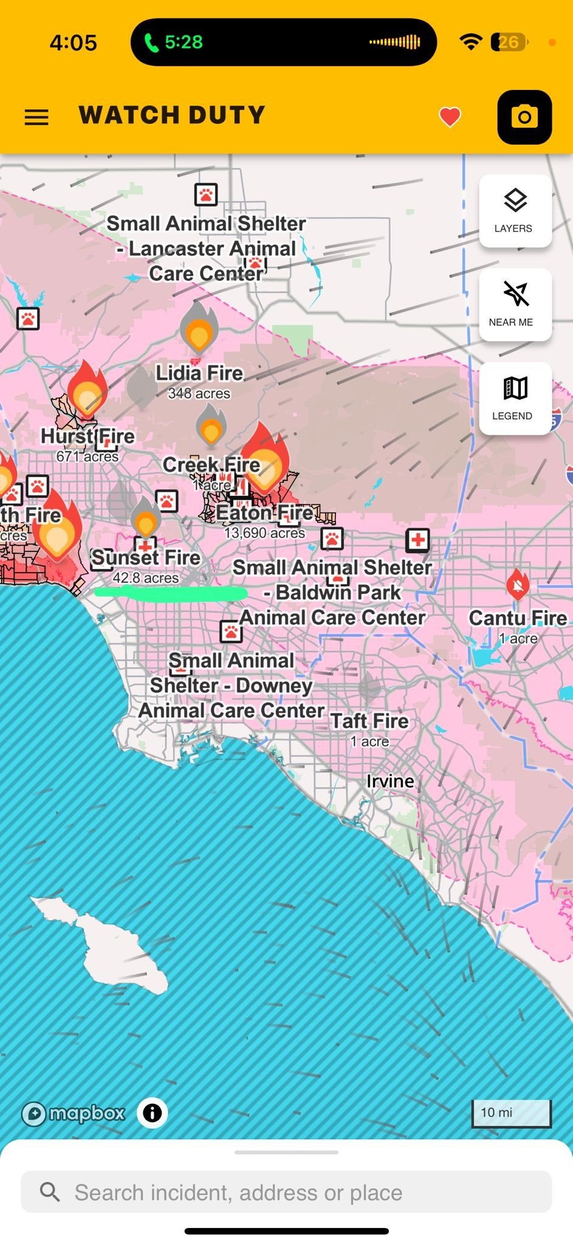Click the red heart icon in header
coord(450,117)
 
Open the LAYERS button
coord(515,210)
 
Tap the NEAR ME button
coord(515,304)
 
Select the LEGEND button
coord(515,398)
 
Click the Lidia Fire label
coord(199,373)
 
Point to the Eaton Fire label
coord(265,513)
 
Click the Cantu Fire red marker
coord(517,585)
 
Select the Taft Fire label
coord(369,721)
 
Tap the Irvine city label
coord(390,781)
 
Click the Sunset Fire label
coord(146,557)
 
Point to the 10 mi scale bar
coord(511,1113)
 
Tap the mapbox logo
coord(73,1113)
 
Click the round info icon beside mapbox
coord(152,1113)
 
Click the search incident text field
coord(286,1192)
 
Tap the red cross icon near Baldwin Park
coord(417,539)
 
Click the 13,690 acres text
coord(265,533)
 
